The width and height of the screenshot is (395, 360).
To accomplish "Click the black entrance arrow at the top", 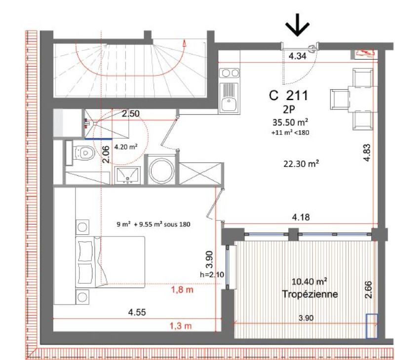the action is tap(297, 25).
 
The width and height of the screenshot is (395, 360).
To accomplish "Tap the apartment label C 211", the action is tap(288, 96).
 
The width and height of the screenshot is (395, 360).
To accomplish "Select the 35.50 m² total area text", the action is tap(290, 122).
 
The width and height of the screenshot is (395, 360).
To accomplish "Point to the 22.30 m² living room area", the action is tap(301, 164).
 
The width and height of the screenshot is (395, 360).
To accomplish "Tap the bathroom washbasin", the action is tap(127, 175).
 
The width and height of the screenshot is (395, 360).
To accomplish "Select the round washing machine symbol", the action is tap(161, 171).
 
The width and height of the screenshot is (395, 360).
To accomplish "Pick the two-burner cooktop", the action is tap(229, 73).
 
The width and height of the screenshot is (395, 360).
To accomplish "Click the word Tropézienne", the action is tap(310, 294).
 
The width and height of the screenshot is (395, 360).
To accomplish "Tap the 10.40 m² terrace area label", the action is tap(310, 281).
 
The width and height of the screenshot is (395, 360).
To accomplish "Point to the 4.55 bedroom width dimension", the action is tap(137, 313).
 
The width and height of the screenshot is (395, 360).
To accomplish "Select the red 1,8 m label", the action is tap(182, 290).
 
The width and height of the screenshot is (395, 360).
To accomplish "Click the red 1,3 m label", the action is tap(180, 326).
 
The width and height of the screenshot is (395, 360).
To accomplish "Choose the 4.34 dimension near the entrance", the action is tap(298, 56).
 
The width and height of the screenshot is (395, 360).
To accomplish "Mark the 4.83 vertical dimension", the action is tap(367, 152).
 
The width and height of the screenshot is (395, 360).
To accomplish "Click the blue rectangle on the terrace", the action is tap(372, 326).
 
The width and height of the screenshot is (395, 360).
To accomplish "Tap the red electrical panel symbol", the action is tap(364, 53).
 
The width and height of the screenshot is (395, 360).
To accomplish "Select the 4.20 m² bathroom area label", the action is tap(126, 146).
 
